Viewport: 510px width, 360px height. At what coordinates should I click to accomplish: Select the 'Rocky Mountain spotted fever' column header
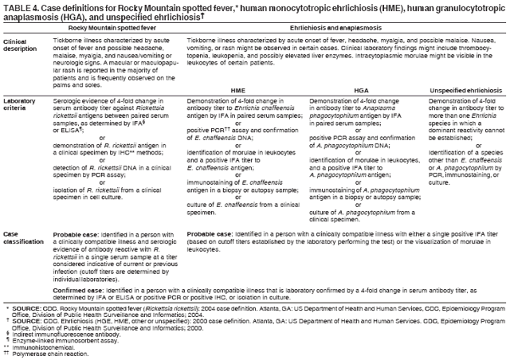[x=105, y=28]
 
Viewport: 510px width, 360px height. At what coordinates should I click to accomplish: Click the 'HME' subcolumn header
[x=238, y=90]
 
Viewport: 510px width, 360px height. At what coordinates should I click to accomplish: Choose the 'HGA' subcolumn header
[x=360, y=90]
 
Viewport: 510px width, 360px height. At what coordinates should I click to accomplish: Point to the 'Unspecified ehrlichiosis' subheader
[x=466, y=90]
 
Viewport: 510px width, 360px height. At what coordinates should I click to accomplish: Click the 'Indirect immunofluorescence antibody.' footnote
[x=59, y=331]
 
